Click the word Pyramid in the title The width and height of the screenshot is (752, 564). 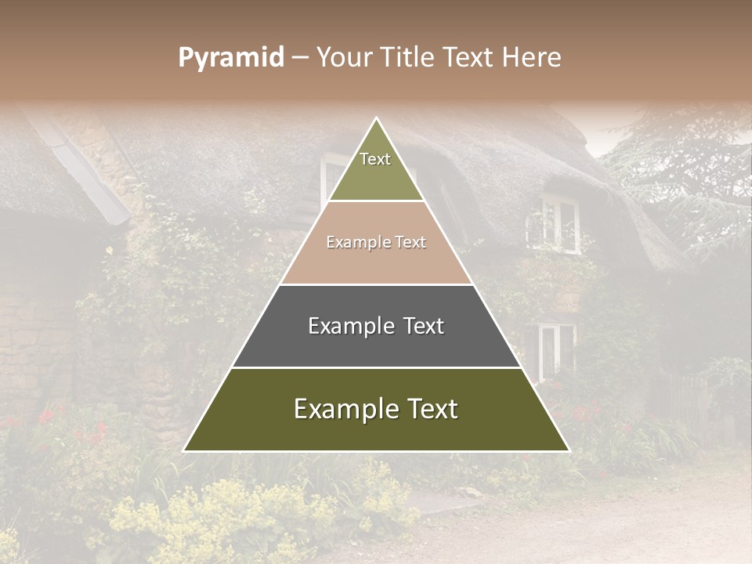(230, 58)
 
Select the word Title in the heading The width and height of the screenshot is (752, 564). (410, 57)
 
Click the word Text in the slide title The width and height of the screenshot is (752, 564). (470, 57)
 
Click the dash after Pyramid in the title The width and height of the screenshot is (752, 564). (299, 58)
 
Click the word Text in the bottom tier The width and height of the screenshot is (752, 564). (431, 409)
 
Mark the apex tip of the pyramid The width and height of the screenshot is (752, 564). (376, 118)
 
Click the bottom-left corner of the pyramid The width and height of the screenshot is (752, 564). (185, 450)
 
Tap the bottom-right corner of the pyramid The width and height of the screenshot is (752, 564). (568, 450)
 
